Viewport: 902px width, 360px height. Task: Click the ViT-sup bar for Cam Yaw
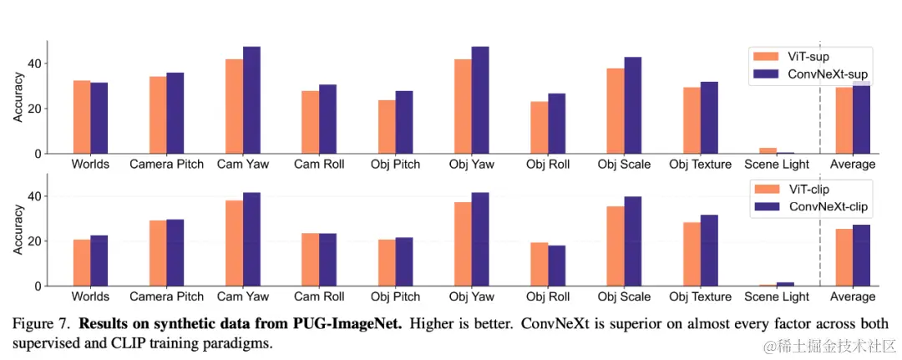coord(234,107)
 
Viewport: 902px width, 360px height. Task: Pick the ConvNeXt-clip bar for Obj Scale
coord(632,241)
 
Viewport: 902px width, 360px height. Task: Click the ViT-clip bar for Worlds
coord(82,263)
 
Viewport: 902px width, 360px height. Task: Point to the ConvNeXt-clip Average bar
coord(861,256)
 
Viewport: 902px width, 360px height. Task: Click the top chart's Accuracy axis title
coord(18,97)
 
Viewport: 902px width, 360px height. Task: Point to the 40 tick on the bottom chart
coord(33,196)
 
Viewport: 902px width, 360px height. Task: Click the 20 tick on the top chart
coord(33,109)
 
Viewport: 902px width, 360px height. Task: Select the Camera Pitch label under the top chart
coord(166,165)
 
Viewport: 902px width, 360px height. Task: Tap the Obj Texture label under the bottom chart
coord(700,297)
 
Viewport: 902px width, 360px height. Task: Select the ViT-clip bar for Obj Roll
coord(539,265)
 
